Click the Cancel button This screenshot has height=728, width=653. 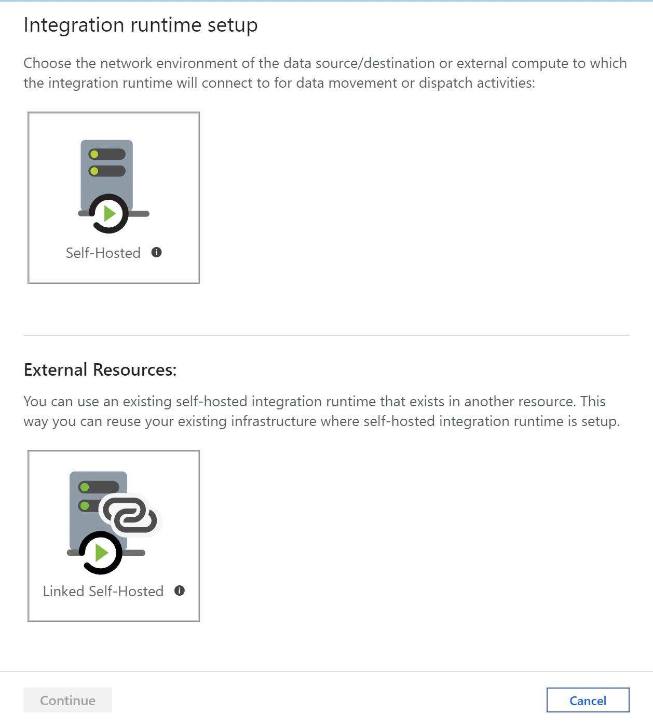click(588, 700)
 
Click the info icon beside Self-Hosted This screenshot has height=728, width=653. click(156, 252)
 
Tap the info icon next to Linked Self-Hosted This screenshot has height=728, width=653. click(180, 590)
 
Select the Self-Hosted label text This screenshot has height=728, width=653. click(103, 253)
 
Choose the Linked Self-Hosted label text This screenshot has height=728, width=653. click(103, 591)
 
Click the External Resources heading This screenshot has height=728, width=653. click(100, 370)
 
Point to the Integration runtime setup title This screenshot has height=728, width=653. click(141, 25)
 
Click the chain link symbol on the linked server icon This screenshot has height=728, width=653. click(130, 515)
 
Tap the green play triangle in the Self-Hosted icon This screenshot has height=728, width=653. click(110, 214)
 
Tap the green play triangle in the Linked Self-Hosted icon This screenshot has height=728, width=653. click(101, 553)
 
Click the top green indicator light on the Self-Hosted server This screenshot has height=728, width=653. click(94, 155)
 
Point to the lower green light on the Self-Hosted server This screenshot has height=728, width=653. click(94, 171)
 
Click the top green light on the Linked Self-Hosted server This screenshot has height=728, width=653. click(85, 487)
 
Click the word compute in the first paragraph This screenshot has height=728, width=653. click(540, 64)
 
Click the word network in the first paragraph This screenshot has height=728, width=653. click(126, 63)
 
